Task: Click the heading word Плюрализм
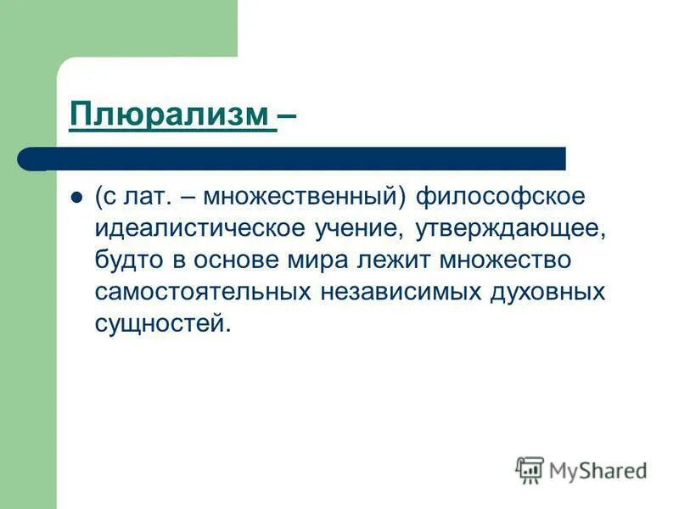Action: click(x=172, y=114)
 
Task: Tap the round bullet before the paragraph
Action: click(x=76, y=197)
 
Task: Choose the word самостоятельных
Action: click(x=204, y=292)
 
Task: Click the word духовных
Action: click(x=548, y=292)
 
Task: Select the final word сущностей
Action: click(x=161, y=324)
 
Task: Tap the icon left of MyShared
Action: click(x=530, y=468)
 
